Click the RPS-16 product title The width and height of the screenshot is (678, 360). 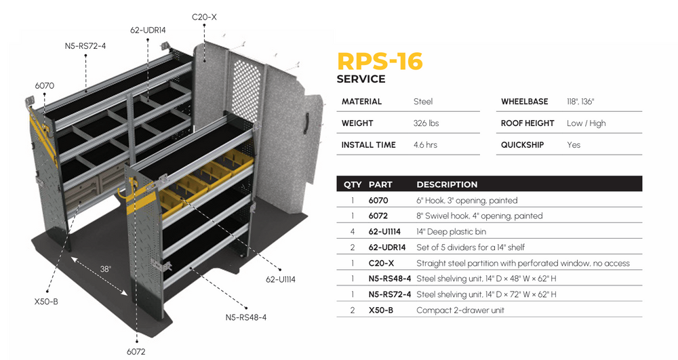[380, 62]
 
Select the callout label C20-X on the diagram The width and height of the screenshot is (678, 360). [204, 16]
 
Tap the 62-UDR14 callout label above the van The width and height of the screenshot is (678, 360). [148, 30]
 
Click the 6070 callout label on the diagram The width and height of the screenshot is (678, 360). [45, 85]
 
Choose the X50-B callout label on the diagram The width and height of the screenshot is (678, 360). [46, 301]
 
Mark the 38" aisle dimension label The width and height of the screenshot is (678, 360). [105, 268]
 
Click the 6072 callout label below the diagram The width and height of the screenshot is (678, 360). [136, 351]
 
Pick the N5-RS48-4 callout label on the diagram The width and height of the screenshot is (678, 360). [245, 317]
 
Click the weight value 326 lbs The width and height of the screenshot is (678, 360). [426, 123]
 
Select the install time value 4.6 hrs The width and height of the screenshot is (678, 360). [425, 145]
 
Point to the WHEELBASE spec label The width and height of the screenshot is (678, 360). [524, 102]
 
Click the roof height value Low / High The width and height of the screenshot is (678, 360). [586, 123]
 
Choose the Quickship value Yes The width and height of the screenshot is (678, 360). [574, 145]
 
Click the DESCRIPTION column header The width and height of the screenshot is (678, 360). [447, 184]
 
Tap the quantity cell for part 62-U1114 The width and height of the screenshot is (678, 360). [353, 232]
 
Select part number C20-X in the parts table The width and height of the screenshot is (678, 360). [381, 263]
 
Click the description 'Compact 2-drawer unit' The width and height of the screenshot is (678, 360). [460, 311]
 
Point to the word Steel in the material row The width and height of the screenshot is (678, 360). [423, 102]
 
